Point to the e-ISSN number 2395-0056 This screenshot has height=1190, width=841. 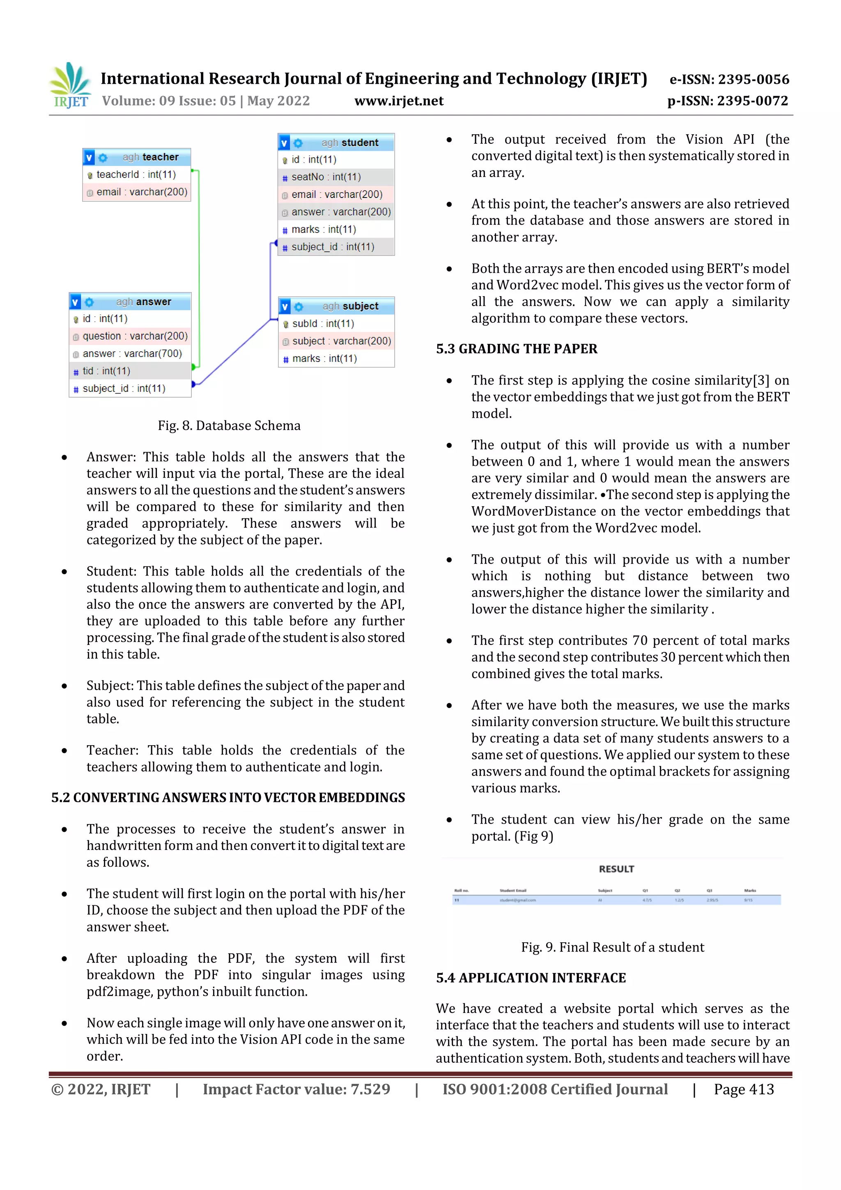point(729,79)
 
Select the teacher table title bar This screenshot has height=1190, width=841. point(137,157)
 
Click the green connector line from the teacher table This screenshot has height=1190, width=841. point(199,269)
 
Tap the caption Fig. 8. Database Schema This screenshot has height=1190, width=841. point(229,426)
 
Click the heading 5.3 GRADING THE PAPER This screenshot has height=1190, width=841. point(517,349)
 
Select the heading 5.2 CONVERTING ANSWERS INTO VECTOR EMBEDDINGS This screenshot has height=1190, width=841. point(228,798)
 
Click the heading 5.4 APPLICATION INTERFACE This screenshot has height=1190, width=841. point(531,978)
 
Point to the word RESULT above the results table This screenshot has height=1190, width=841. point(616,869)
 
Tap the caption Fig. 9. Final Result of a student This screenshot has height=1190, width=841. point(613,947)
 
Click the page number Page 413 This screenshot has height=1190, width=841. point(744,1089)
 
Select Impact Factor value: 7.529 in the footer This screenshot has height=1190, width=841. point(296,1089)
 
